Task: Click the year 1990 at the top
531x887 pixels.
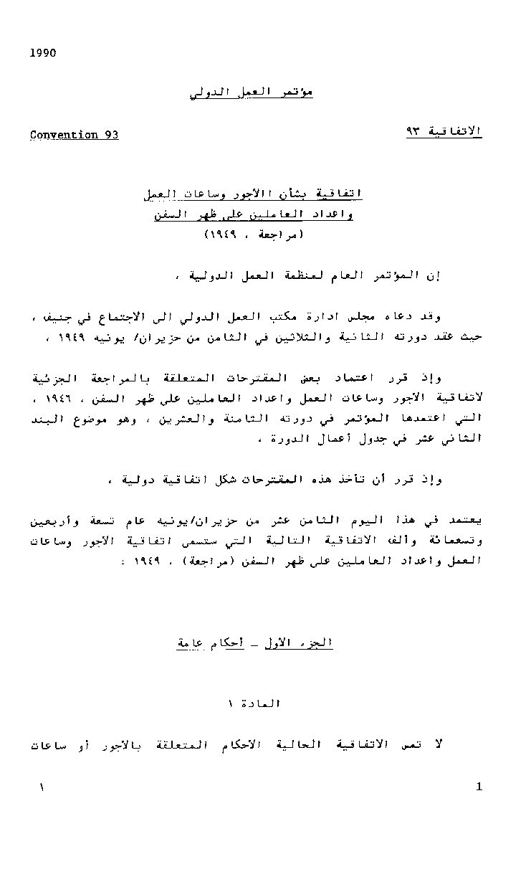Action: point(43,53)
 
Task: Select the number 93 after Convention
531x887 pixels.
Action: point(111,135)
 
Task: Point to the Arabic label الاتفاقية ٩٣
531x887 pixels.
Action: point(444,131)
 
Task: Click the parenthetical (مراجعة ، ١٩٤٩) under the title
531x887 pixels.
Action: point(254,234)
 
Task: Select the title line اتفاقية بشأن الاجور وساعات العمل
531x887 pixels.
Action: point(254,194)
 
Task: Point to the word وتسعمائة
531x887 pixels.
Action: point(456,540)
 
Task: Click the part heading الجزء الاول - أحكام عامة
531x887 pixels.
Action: point(255,643)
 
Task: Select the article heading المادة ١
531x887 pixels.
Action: point(254,704)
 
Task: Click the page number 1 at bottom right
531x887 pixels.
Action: point(479,787)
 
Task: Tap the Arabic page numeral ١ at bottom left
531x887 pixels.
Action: point(42,787)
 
